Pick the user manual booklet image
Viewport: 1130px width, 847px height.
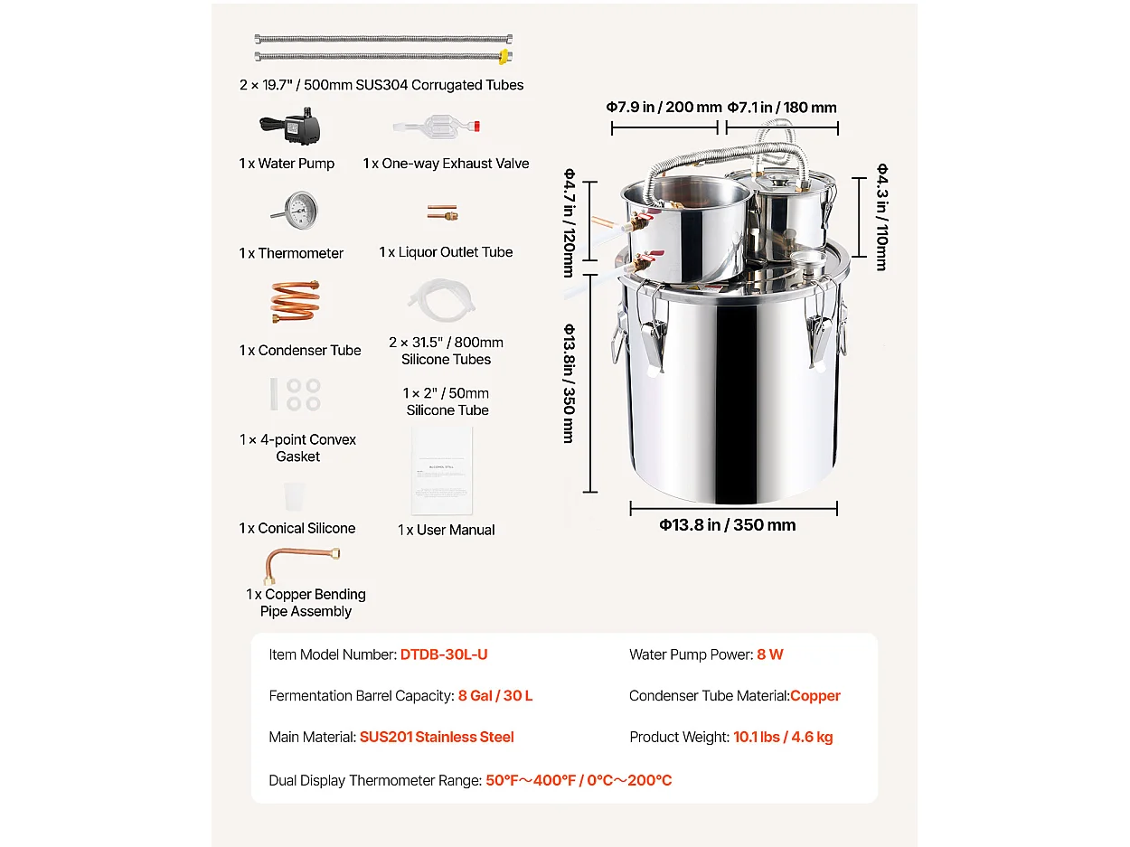(442, 471)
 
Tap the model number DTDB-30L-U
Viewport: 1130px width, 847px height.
(444, 654)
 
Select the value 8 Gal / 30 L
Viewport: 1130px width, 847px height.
(495, 696)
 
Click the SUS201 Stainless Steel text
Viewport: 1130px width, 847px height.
(437, 738)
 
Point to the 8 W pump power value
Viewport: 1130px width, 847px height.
(770, 654)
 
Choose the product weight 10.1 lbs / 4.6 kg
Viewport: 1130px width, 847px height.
(783, 738)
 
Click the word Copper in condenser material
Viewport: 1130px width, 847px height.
(815, 696)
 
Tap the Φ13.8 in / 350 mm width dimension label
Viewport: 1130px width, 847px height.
(727, 525)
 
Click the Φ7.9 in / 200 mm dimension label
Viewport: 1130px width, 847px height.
(664, 108)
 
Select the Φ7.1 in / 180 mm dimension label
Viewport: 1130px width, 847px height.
(782, 108)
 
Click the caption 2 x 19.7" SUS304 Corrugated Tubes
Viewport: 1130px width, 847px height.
(381, 85)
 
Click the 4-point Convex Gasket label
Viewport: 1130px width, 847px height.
(297, 448)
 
